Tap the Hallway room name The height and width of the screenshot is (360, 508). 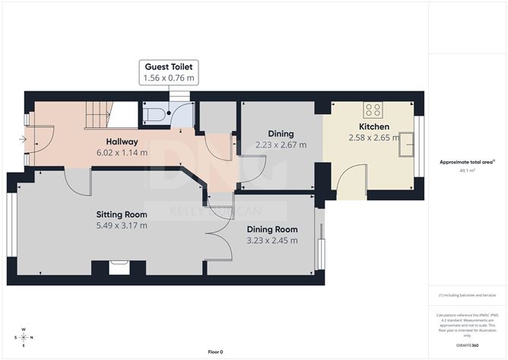click(122, 142)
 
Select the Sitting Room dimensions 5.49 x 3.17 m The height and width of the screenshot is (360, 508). click(122, 225)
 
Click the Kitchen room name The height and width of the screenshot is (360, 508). click(374, 126)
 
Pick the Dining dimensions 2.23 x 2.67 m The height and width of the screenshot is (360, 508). click(281, 145)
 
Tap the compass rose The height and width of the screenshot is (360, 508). click(24, 337)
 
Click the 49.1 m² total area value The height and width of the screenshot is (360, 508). click(468, 171)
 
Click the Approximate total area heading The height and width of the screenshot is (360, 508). click(467, 161)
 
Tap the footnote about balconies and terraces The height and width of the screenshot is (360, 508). click(467, 295)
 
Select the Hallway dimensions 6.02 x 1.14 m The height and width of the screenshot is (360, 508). click(122, 152)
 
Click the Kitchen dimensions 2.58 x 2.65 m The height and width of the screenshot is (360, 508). click(374, 138)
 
